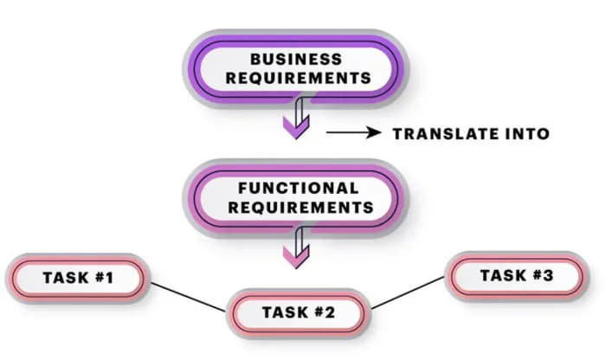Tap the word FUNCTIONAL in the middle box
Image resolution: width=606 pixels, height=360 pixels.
pyautogui.click(x=297, y=188)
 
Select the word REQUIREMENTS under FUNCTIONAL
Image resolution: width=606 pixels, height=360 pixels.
pyautogui.click(x=297, y=208)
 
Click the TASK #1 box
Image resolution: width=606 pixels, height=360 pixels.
pyautogui.click(x=79, y=279)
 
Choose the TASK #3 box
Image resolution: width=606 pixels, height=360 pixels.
pyautogui.click(x=516, y=276)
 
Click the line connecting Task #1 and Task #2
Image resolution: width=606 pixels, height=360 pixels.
pyautogui.click(x=188, y=295)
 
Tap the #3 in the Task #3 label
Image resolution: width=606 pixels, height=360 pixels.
pyautogui.click(x=542, y=276)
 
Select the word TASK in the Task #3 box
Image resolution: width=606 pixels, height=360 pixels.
pyautogui.click(x=502, y=276)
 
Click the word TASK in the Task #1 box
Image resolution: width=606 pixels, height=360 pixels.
pyautogui.click(x=66, y=279)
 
